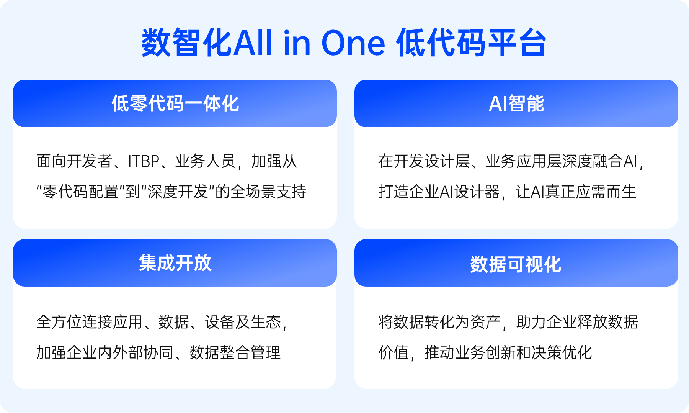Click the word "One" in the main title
[353, 43]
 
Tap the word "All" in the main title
[252, 43]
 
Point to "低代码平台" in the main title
[472, 43]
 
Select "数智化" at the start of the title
[187, 43]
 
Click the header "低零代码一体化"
[175, 103]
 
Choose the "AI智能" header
[516, 103]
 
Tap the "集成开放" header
[175, 263]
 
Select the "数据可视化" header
[516, 264]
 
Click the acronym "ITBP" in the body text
[144, 161]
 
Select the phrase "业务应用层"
[524, 161]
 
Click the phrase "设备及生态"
[243, 322]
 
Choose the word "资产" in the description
[485, 322]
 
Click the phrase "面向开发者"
[74, 161]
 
